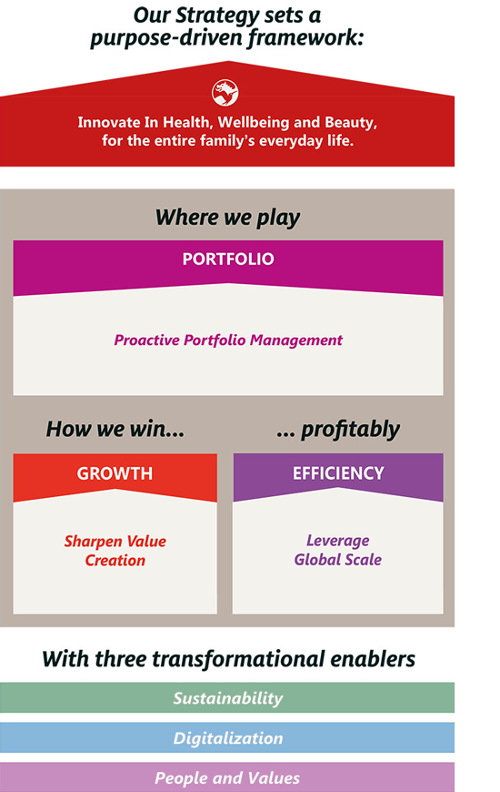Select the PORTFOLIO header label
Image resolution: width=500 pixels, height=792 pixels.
tap(227, 259)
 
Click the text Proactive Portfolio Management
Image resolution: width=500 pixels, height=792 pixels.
tap(228, 340)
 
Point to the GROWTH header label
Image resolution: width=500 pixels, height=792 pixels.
tap(115, 474)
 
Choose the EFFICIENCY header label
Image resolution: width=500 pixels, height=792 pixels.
tap(338, 473)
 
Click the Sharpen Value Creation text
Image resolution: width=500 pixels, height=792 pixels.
tap(115, 551)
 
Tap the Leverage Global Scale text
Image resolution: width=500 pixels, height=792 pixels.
tap(338, 551)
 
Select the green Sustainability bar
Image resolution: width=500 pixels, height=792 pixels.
tap(227, 698)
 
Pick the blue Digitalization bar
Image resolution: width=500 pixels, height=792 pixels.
tap(227, 738)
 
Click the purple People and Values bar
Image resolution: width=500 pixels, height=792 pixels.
tap(227, 778)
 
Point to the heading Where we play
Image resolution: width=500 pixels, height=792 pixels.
tap(227, 218)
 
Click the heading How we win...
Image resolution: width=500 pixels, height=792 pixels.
tap(115, 429)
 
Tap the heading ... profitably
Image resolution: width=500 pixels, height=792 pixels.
tap(338, 429)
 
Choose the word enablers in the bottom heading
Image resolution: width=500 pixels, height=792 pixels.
tap(375, 658)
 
